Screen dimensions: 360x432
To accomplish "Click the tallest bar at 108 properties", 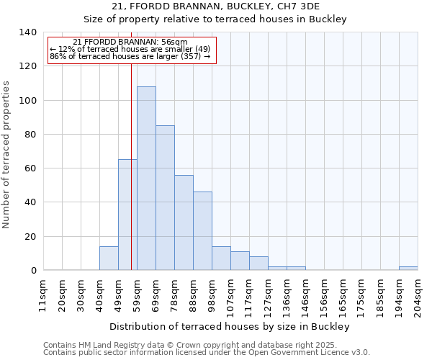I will coord(146,179).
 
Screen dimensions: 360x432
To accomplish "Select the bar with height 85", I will coord(165,198).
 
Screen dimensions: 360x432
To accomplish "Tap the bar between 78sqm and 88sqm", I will coord(184,222).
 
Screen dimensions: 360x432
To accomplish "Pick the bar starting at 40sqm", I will coord(109,258).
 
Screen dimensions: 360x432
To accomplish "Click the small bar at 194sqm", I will coord(408,268).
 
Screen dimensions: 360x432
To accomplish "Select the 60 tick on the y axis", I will coord(30,168).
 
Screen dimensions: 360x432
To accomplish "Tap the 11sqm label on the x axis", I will coord(43,295).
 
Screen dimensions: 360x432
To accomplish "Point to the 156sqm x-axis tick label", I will coord(324,295).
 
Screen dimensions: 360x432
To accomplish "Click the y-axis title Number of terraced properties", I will coord(7,155).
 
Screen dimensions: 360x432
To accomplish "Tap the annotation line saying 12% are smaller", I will coord(130,49).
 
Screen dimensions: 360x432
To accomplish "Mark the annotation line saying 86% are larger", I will coord(130,56).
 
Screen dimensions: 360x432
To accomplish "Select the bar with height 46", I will coord(202,231).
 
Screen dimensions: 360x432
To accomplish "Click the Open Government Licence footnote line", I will coord(206,353).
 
